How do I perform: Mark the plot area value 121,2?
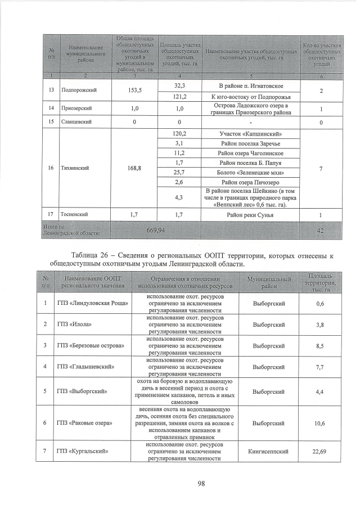(x=180, y=96)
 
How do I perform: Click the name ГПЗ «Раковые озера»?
(x=85, y=422)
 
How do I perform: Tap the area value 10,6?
(x=319, y=422)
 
